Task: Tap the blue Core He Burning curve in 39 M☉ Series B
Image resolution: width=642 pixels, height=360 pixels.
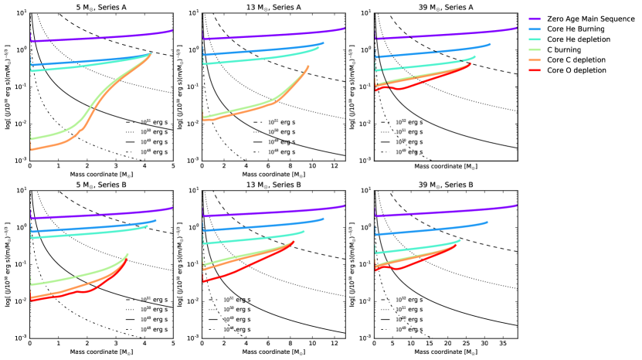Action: [433, 230]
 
